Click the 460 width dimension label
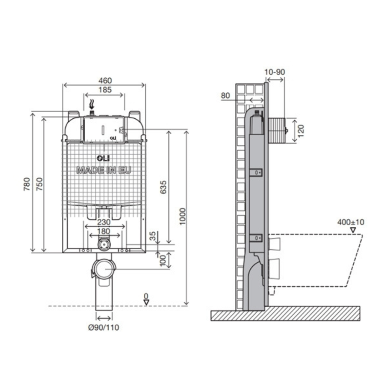[x=105, y=81]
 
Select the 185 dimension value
[x=105, y=90]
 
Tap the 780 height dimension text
[x=27, y=184]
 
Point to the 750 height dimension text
[x=40, y=184]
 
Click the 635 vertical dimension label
[x=163, y=187]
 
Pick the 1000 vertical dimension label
[x=183, y=216]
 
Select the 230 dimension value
[x=104, y=222]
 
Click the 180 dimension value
[x=104, y=231]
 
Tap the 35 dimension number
[x=153, y=236]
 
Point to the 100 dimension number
[x=163, y=260]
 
